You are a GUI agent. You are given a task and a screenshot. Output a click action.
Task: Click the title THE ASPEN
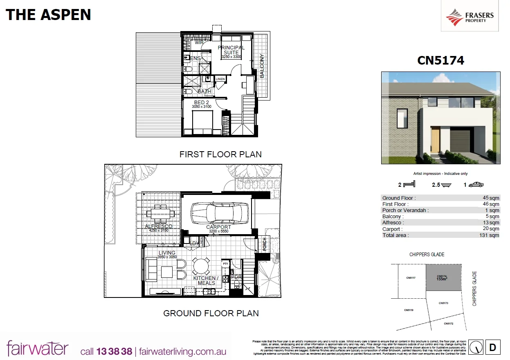48,15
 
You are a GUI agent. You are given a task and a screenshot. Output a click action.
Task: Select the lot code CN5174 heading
440,60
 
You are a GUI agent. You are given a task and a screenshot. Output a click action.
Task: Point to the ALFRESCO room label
159,226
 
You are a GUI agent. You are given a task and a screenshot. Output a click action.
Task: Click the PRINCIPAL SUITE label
231,50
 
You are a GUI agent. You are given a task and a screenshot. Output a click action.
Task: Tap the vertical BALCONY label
262,66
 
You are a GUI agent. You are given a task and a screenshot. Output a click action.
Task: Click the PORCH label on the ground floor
265,244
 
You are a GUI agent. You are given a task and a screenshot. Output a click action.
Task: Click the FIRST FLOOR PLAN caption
220,154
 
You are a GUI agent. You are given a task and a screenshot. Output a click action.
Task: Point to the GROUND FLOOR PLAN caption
211,313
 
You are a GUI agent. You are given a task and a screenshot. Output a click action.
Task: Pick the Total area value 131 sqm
489,235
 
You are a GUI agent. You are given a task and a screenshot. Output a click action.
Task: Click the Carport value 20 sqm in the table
491,229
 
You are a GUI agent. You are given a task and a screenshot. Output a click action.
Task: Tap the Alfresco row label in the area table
393,223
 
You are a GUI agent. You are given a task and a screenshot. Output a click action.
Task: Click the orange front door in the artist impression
435,139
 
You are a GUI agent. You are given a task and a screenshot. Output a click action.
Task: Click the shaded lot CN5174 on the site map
444,277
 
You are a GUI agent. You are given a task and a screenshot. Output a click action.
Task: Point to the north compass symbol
475,347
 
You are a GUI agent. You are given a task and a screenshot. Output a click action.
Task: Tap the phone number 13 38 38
114,351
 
